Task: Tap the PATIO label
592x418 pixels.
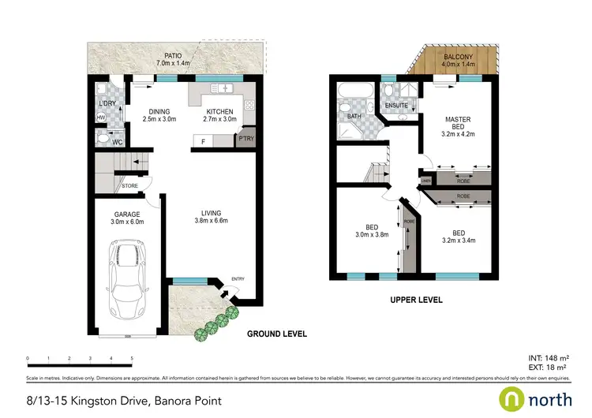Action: click(x=173, y=56)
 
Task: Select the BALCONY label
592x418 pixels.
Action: click(x=459, y=58)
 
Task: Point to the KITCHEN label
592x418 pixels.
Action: click(x=219, y=113)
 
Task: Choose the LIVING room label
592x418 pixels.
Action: click(x=211, y=213)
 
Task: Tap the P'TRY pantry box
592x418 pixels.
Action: click(x=246, y=139)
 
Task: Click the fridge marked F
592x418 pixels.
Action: click(x=204, y=142)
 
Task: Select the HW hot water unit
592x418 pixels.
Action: click(x=101, y=118)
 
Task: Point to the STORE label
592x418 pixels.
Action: click(x=130, y=187)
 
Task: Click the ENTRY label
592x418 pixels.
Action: click(x=237, y=278)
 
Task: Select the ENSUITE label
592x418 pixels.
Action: click(x=396, y=105)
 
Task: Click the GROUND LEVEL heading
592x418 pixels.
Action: click(x=276, y=334)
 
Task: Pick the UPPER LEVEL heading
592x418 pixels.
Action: click(x=416, y=300)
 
